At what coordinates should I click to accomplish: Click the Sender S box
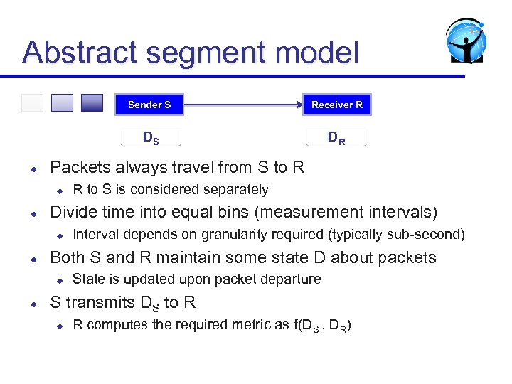coord(149,105)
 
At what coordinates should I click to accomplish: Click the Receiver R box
coord(336,105)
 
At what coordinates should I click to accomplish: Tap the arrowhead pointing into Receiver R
coord(299,105)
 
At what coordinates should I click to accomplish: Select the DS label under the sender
coord(151,138)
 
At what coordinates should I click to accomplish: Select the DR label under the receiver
coord(336,137)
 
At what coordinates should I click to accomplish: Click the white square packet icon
coord(32,103)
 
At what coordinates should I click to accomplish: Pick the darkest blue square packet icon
coord(92,103)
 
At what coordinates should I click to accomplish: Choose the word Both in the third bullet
coord(67,257)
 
